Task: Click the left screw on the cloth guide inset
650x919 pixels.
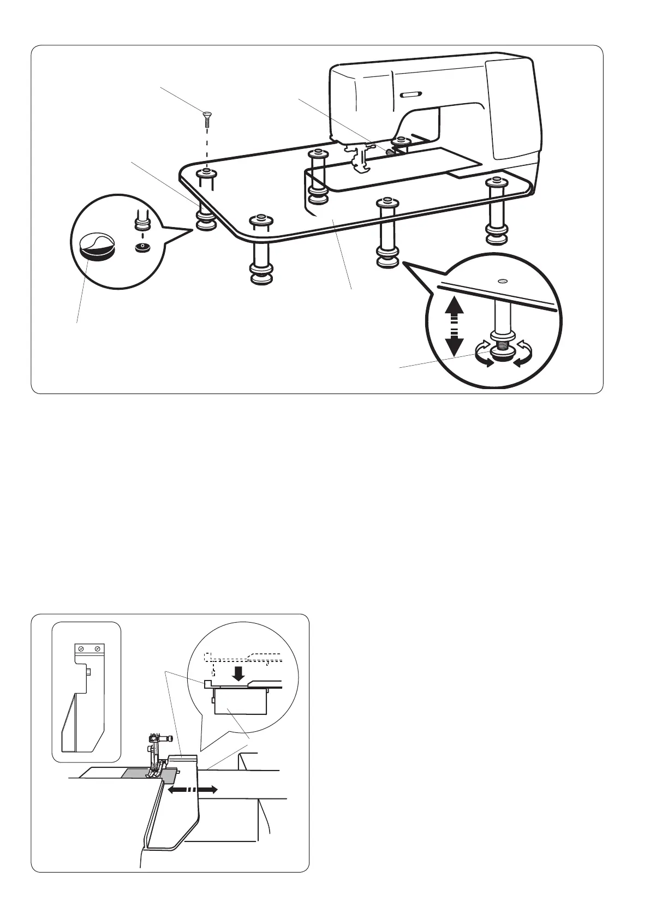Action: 81,648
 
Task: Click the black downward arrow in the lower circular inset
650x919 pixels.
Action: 238,675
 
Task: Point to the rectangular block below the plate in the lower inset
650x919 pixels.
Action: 240,702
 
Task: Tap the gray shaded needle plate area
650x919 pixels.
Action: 136,773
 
